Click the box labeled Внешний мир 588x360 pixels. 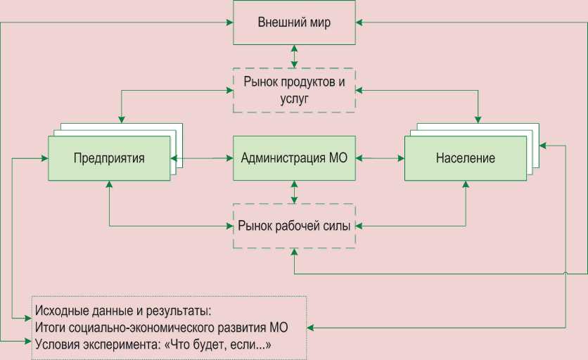pos(294,22)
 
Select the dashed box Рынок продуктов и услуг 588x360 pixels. pos(294,90)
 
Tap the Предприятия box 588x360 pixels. pos(109,157)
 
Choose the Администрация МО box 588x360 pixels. pos(294,157)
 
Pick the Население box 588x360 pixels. pos(465,157)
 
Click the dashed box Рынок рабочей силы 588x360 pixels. pos(294,226)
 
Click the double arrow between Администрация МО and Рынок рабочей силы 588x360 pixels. pos(294,191)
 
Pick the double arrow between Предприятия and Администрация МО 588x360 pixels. pos(202,157)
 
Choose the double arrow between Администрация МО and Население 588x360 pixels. pos(380,157)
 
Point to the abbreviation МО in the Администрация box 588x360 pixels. pos(338,157)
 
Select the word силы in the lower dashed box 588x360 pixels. pos(338,226)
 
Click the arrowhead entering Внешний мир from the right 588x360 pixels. pos(359,22)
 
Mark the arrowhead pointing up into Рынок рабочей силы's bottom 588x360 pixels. pos(294,252)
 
